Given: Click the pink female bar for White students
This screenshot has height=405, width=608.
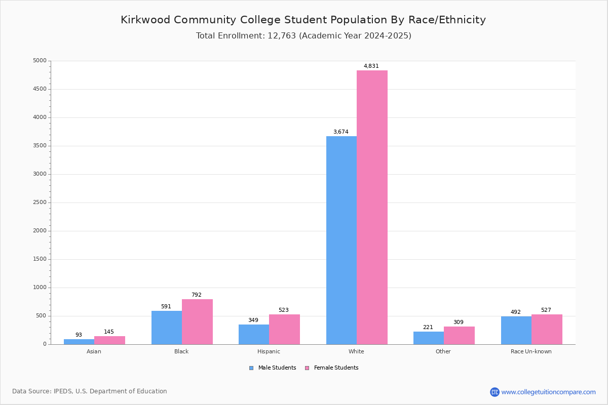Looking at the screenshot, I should point(372,208).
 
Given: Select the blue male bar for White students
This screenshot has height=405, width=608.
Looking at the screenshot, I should point(341,240).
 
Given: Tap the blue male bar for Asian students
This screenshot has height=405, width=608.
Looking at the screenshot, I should point(79,342).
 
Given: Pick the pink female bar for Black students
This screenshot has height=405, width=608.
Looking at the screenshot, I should point(197,322).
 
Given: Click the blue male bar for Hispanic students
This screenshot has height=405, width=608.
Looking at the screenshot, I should point(254,335).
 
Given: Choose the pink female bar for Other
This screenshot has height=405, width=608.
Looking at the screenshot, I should point(459,336).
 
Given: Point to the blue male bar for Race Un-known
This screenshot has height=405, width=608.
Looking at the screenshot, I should point(516,331).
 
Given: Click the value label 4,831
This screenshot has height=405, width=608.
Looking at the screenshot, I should point(371,66).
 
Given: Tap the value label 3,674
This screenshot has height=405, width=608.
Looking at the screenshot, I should point(340,132).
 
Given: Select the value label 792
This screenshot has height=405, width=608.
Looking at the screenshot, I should point(196,295).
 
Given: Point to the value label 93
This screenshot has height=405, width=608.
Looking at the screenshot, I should point(79,335).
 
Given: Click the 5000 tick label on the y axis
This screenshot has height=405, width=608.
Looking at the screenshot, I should point(40,61).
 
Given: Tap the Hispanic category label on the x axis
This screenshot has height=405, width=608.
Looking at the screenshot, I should point(269,351).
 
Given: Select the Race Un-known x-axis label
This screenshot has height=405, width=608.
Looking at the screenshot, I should point(531,351).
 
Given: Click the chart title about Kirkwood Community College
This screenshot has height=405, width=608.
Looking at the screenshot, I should point(303,20).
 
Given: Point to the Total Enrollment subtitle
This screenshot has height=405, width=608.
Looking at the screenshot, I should point(303,36).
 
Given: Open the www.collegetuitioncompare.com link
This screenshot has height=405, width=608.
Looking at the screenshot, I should point(548,392).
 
